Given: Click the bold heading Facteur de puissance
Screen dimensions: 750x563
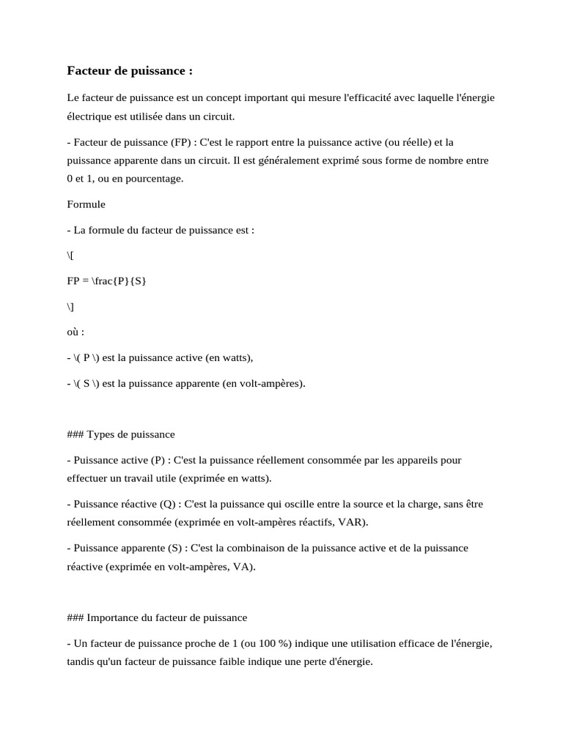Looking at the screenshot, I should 130,71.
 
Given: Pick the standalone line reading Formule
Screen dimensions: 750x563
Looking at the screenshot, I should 86,204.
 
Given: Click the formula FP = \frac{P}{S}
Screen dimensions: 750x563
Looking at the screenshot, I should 106,281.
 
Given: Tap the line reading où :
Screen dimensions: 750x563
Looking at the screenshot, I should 76,331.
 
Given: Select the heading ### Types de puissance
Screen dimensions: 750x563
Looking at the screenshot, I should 121,434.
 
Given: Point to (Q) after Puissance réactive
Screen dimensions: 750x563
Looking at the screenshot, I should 167,504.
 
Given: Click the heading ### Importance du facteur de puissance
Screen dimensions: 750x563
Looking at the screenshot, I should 157,617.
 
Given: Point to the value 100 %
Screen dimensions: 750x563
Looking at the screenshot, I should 271,643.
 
